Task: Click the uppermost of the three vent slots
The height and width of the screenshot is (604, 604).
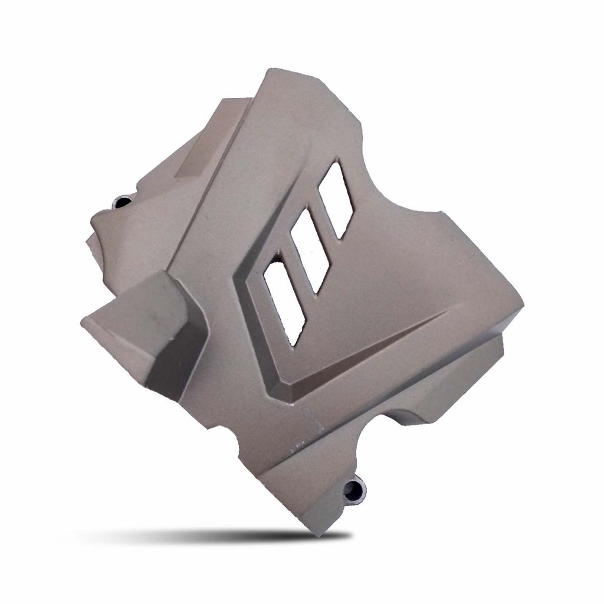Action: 336,200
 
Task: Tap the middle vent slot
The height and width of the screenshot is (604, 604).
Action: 309,250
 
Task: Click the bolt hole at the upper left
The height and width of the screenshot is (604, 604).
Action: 123,202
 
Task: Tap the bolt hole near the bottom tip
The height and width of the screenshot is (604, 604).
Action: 354,488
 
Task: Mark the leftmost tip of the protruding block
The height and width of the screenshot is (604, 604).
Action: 83,322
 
